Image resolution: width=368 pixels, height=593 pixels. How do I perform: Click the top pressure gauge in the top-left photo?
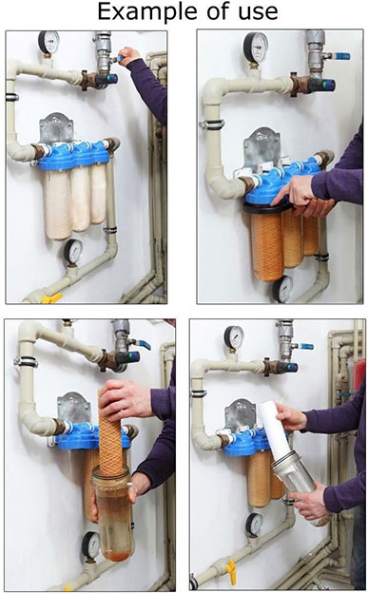click(48, 43)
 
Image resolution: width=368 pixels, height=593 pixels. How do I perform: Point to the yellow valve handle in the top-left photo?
click(51, 298)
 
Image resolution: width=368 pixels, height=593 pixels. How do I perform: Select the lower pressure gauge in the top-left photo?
click(73, 251)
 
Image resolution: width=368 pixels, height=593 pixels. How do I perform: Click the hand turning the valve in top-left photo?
click(129, 55)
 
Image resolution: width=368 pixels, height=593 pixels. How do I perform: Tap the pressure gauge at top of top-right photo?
click(256, 48)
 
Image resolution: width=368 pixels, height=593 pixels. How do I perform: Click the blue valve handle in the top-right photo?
click(341, 56)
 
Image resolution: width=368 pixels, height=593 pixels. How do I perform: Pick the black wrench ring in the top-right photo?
click(268, 208)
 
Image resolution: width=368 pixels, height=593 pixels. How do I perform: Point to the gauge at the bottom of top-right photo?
click(283, 289)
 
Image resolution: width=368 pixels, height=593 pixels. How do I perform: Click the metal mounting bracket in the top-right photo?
click(261, 148)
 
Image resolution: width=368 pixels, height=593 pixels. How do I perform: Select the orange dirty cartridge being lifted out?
click(111, 430)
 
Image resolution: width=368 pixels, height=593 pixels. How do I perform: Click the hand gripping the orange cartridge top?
click(126, 399)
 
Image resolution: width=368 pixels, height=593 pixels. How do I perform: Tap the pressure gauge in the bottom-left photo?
click(91, 545)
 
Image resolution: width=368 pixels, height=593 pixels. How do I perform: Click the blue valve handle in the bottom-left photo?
click(145, 345)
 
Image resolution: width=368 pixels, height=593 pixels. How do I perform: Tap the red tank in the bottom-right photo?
click(358, 377)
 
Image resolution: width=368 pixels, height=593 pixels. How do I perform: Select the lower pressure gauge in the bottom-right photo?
click(255, 525)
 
